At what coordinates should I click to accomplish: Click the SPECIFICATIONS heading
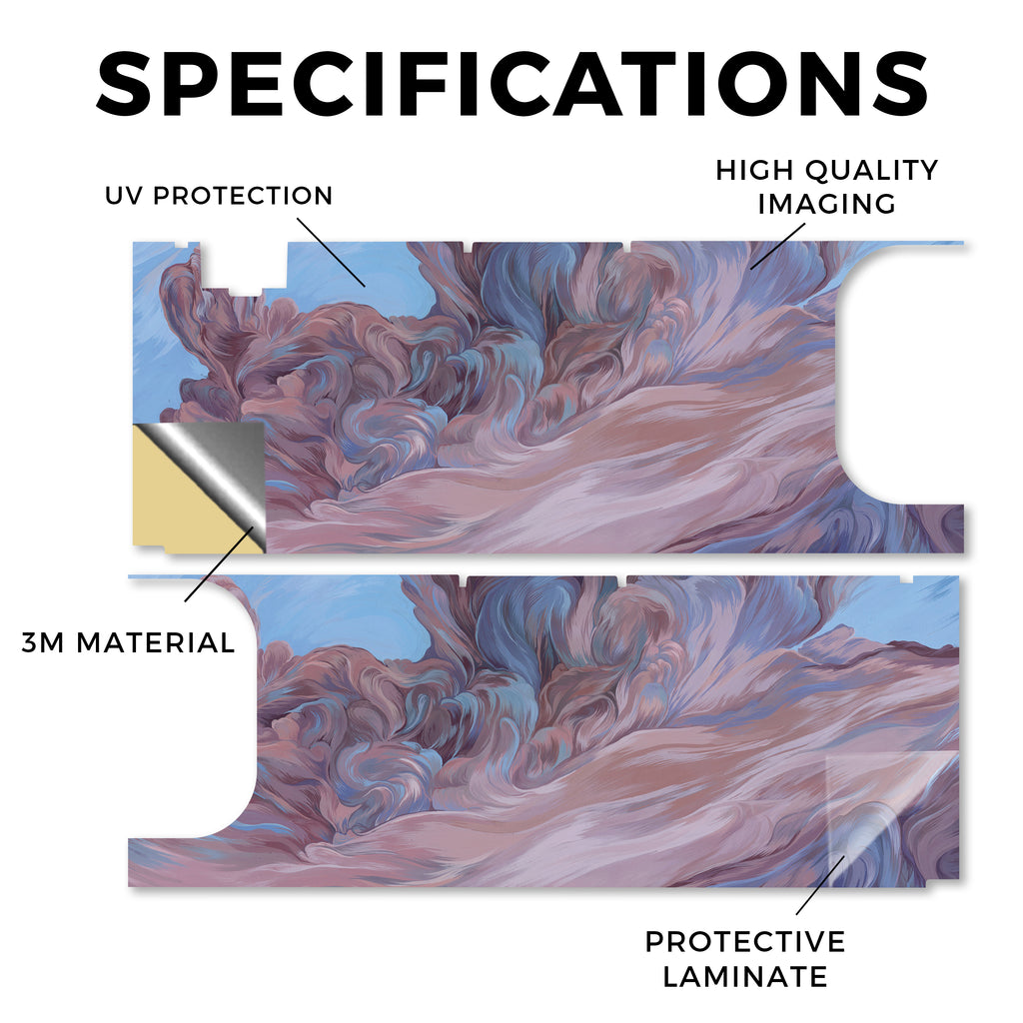[512, 84]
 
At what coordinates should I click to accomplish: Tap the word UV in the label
[124, 196]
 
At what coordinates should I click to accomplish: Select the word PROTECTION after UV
[243, 196]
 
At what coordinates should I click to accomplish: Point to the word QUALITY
[871, 170]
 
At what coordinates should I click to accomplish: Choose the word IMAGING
[826, 204]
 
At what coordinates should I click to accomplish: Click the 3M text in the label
[43, 642]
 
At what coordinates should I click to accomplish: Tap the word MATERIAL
[155, 642]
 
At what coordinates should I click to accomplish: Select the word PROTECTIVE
[745, 942]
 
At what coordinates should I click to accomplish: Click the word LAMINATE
[745, 977]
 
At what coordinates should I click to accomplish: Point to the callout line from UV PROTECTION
[332, 252]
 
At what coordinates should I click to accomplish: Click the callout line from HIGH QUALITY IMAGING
[777, 246]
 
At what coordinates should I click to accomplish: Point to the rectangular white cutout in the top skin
[243, 266]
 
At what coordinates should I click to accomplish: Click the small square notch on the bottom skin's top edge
[906, 578]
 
